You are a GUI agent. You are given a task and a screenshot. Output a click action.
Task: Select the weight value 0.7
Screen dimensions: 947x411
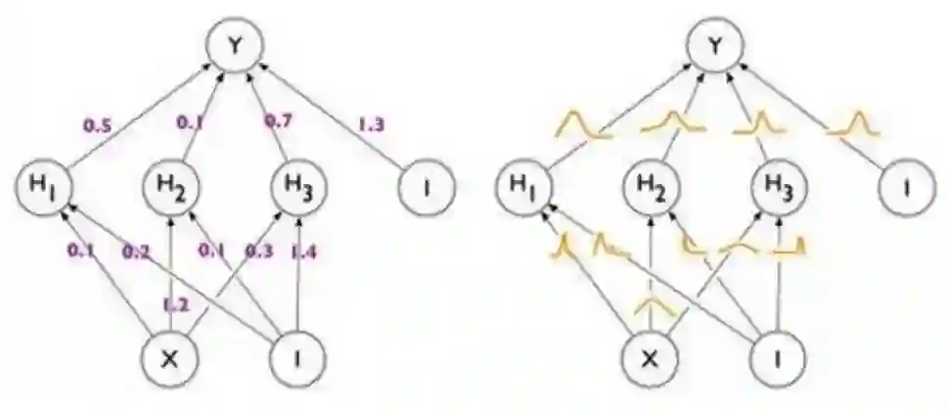coord(281,121)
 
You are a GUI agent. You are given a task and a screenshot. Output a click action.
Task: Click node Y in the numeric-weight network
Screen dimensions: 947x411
coord(231,45)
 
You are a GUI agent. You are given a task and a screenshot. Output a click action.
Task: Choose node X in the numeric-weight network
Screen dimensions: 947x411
coord(169,358)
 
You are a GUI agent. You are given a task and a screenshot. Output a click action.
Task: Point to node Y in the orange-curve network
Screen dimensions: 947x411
coord(716,45)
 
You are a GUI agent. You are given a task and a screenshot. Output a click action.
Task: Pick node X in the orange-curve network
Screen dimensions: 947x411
coord(653,358)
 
